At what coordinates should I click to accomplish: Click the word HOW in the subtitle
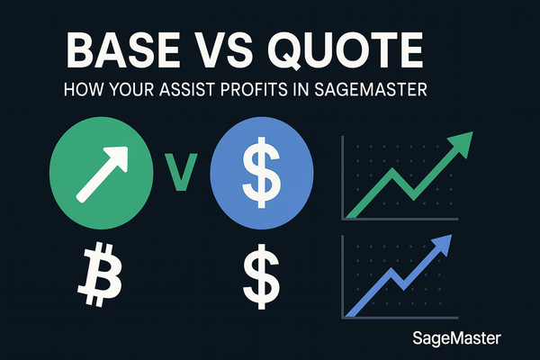click(x=80, y=91)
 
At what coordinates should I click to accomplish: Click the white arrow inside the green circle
click(x=102, y=170)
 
